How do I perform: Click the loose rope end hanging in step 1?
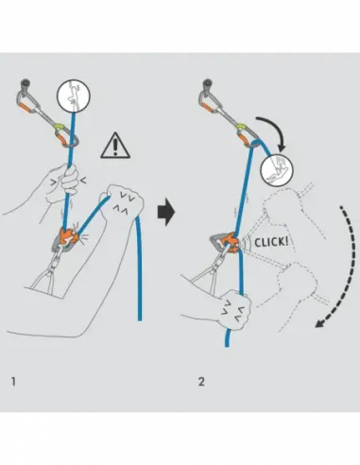(139, 284)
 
